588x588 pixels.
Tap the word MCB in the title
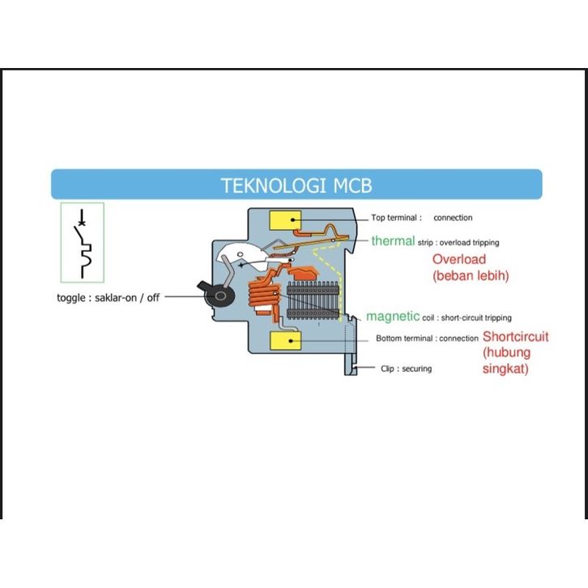(352, 185)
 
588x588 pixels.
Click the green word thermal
(393, 241)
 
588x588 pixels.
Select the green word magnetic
(393, 317)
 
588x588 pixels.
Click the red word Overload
(458, 259)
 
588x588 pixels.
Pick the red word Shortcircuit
(515, 336)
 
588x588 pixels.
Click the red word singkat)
(505, 369)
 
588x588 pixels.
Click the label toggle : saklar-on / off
(108, 297)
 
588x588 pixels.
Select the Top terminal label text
(396, 218)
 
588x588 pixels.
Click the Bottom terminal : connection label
(427, 339)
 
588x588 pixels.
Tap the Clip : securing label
(406, 369)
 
